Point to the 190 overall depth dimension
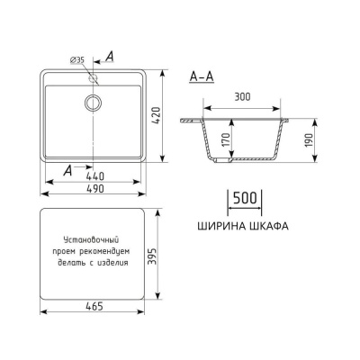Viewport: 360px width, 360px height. pos(310,140)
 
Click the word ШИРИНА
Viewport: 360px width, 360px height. pos(221,227)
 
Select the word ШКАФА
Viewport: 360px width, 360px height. pos(267,227)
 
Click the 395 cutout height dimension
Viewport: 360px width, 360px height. pos(160,256)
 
